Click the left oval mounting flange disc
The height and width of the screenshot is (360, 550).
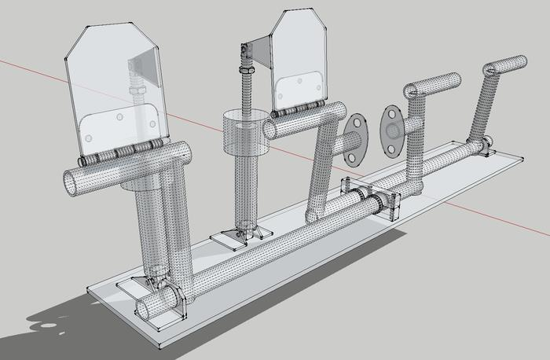[x=356, y=139]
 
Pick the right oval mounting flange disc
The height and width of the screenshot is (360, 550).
[x=392, y=128]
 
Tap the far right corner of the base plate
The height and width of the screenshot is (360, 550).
[x=520, y=160]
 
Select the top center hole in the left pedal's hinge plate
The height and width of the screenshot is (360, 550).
[x=119, y=117]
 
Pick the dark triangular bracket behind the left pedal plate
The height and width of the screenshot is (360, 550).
[x=141, y=61]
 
